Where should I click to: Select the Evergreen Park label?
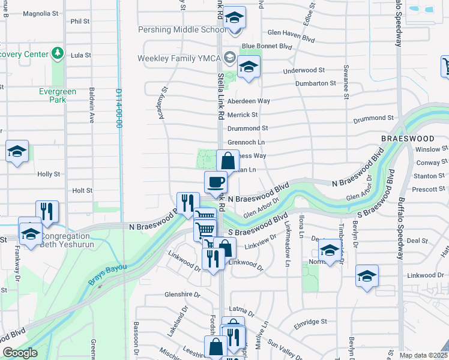pyautogui.click(x=57, y=95)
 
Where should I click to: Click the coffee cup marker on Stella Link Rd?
pyautogui.click(x=215, y=182)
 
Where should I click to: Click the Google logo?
pyautogui.click(x=20, y=353)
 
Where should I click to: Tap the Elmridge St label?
pyautogui.click(x=310, y=322)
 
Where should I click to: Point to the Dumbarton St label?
pyautogui.click(x=315, y=83)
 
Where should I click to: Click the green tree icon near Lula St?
pyautogui.click(x=58, y=54)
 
